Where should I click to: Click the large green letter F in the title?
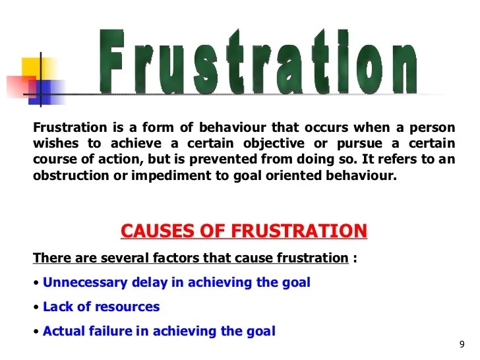pos(111,61)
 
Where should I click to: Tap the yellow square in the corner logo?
pos(35,69)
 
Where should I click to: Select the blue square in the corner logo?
pos(43,92)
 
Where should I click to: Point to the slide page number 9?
pos(462,344)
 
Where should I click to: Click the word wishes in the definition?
pos(55,143)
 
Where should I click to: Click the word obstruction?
pos(71,175)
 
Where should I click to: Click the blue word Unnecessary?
pos(85,283)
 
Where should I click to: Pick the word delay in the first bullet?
pos(150,283)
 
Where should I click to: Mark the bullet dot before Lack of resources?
pos(36,307)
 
